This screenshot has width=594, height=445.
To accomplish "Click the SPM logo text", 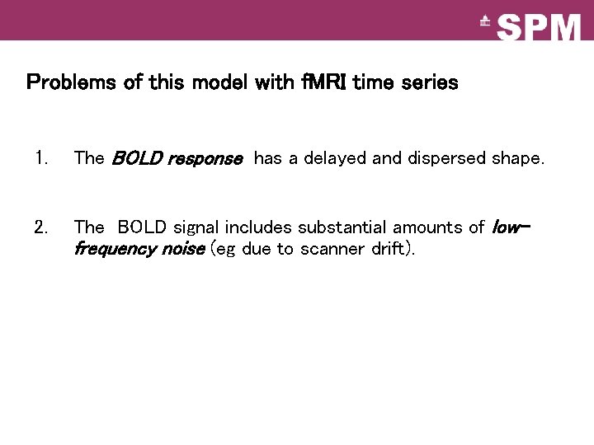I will point(540,27).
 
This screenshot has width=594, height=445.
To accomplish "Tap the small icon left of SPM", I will point(485,23).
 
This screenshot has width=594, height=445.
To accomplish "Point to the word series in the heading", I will point(427,82).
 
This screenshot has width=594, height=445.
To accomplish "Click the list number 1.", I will point(40,158).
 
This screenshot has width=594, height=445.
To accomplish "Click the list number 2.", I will point(40,227).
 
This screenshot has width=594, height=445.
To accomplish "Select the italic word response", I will point(205,158).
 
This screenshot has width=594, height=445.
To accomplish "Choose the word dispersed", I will point(445,158).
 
